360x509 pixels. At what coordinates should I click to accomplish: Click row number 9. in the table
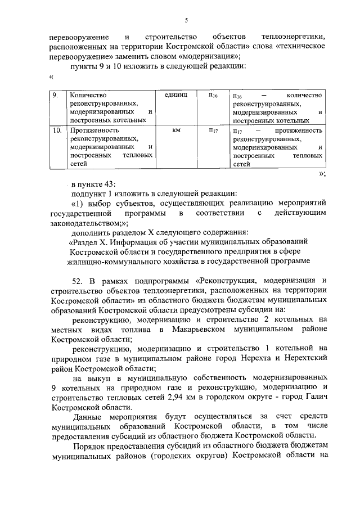tap(56, 96)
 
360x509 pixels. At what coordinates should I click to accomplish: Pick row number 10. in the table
tap(57, 131)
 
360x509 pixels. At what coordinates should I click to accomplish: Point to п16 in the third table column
tap(213, 96)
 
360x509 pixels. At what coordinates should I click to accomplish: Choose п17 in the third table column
tap(213, 131)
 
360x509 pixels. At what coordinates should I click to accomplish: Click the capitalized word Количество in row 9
tap(88, 96)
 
